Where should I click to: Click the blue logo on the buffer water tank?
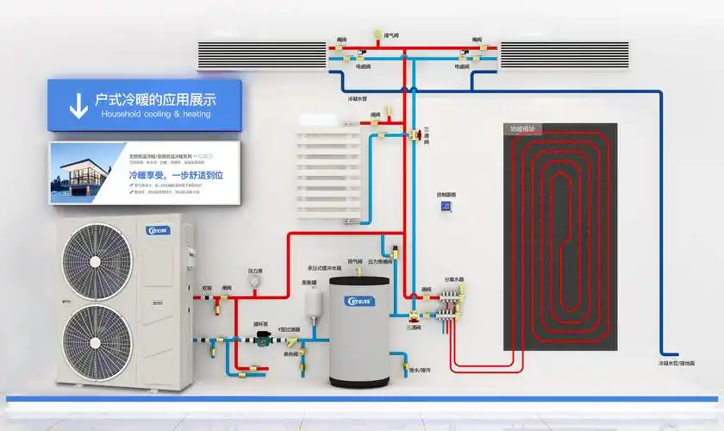[x=359, y=301]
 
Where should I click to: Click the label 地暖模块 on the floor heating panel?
[x=522, y=128]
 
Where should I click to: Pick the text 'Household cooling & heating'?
[x=155, y=114]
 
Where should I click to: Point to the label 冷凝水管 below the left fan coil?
[x=356, y=99]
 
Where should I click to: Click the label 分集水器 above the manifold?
[x=454, y=279]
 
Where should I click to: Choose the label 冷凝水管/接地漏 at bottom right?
[x=675, y=364]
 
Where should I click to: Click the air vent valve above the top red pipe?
[x=378, y=35]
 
